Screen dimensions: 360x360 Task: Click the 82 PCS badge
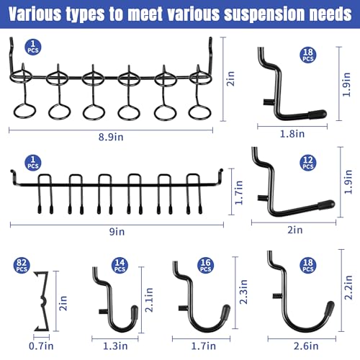(x=22, y=266)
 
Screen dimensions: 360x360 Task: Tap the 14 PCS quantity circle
(x=120, y=266)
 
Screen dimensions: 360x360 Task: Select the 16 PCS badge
(x=206, y=266)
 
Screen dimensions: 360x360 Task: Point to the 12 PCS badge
(x=308, y=163)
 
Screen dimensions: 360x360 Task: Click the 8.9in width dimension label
(x=111, y=137)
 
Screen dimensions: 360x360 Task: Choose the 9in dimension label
(x=117, y=232)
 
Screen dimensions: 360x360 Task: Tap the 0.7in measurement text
(x=41, y=346)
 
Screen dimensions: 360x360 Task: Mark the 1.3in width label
(x=115, y=346)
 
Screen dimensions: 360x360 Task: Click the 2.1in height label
(x=149, y=300)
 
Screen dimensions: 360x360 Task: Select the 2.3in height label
(x=243, y=292)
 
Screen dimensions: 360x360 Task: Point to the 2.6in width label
(x=306, y=346)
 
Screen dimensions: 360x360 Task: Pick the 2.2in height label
(x=348, y=287)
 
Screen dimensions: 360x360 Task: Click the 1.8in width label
(x=292, y=134)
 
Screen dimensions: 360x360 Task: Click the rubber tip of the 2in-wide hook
(x=326, y=204)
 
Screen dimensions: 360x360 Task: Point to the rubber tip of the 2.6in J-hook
(x=330, y=308)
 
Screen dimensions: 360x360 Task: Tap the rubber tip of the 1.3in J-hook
(x=135, y=312)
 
